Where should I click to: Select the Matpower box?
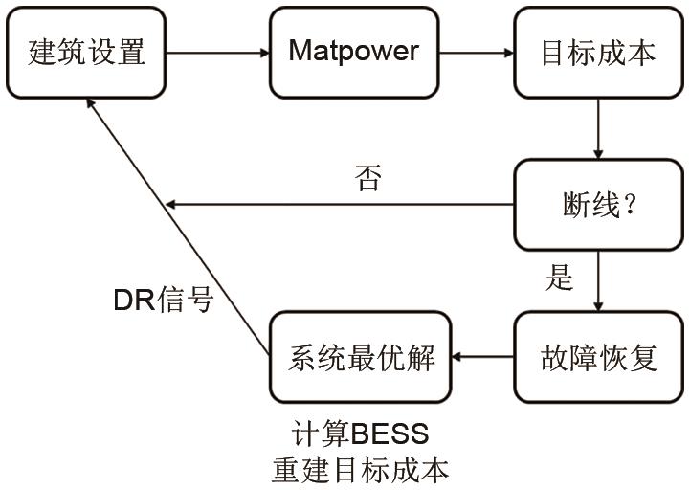[x=354, y=52]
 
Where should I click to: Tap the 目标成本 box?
[x=599, y=52]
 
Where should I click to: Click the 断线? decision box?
[x=599, y=205]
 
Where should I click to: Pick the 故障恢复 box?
[x=599, y=357]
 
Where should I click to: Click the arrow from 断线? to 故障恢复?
[x=599, y=280]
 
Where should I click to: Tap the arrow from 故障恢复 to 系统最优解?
[x=483, y=357]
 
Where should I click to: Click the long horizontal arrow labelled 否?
[x=340, y=204]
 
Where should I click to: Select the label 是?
[x=559, y=278]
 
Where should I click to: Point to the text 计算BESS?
[x=360, y=434]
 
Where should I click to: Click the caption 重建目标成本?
[x=360, y=470]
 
